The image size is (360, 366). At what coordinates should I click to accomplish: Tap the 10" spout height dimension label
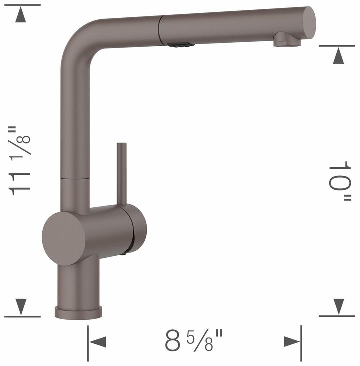point(340,181)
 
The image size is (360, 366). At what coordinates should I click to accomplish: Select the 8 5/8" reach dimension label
point(195,341)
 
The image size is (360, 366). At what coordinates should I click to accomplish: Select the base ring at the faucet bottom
point(78,312)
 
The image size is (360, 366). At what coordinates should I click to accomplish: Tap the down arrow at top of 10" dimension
point(339,56)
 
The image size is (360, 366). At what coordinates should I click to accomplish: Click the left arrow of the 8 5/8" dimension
point(98,342)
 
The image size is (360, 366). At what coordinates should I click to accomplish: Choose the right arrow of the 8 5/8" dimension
point(291,342)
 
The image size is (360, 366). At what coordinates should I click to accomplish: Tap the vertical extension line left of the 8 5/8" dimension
point(88,342)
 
